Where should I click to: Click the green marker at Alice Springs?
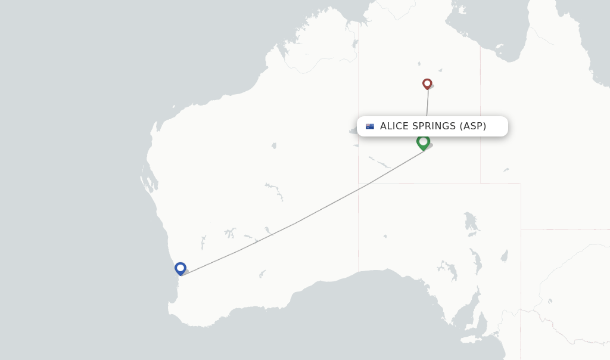tap(423, 142)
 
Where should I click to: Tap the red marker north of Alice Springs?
tap(427, 83)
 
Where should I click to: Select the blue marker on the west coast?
tap(180, 268)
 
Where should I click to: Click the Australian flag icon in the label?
tap(370, 126)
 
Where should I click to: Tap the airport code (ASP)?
tap(473, 126)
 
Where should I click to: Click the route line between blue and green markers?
tap(298, 222)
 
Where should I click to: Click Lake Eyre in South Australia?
tap(471, 222)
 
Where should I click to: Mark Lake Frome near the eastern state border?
tap(505, 256)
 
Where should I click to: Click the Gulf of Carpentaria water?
tap(488, 30)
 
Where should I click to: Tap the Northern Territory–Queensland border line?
tap(480, 119)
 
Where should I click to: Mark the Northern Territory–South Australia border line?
tap(441, 184)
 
